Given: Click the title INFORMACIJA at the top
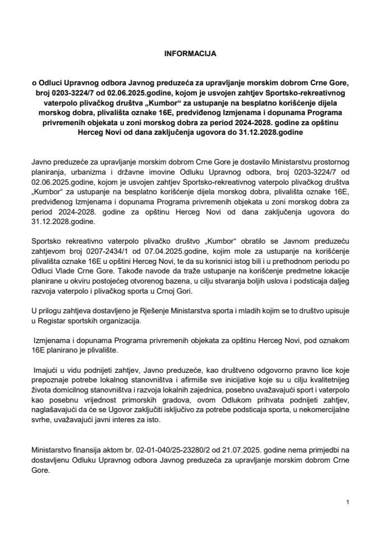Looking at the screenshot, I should click(x=190, y=55).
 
